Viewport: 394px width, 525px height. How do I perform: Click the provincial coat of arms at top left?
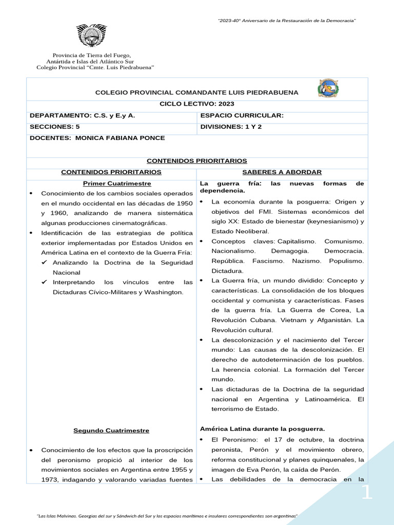point(92,35)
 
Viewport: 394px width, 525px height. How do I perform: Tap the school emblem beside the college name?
point(327,89)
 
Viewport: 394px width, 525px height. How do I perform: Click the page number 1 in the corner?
point(367,493)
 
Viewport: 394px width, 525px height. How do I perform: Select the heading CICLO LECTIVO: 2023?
point(196,104)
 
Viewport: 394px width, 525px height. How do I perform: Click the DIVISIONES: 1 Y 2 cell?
point(231,127)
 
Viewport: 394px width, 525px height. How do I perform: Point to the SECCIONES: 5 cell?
point(55,127)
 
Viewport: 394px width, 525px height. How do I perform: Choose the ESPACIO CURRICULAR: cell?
point(242,115)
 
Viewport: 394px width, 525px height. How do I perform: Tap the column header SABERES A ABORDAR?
point(282,172)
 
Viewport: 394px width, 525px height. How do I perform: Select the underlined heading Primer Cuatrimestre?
point(111,184)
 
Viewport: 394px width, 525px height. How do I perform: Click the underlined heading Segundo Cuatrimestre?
point(111,431)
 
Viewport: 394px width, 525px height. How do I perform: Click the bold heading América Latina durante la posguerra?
point(262,429)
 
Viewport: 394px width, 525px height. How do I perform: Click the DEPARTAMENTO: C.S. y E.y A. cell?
point(83,115)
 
